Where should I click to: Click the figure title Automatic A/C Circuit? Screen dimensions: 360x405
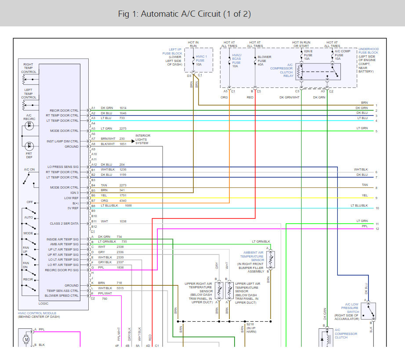(184, 14)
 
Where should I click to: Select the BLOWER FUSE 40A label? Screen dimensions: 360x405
(264, 61)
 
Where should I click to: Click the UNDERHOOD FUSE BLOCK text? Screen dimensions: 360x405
(368, 51)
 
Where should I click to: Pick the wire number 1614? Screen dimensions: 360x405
(123, 108)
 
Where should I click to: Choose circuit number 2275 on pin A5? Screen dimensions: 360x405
(123, 128)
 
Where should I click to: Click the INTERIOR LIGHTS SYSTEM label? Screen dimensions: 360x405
(142, 139)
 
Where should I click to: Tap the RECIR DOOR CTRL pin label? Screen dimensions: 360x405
(64, 110)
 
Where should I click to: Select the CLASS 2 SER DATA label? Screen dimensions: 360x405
(64, 224)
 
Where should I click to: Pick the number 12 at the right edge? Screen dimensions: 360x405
(377, 229)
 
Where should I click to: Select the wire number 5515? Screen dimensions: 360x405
(120, 288)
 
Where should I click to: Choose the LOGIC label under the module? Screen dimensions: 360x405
(44, 304)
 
